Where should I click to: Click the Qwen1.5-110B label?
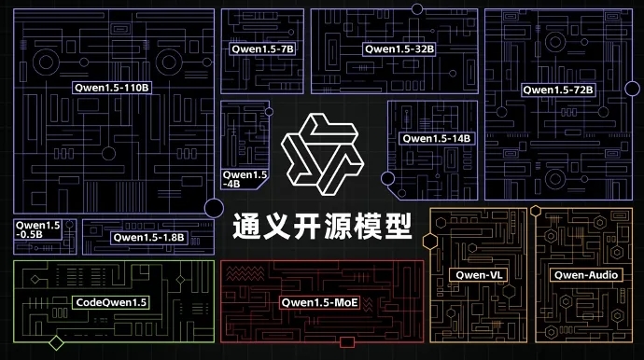tap(111, 87)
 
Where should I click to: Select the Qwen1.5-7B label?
tap(262, 48)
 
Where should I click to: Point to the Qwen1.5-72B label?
tap(558, 90)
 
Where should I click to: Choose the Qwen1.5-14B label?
tap(436, 138)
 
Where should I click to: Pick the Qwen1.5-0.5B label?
tap(37, 229)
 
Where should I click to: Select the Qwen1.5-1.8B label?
tap(149, 237)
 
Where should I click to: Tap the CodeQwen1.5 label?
tap(111, 302)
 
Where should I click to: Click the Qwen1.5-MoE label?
tap(319, 302)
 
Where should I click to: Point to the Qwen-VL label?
tap(476, 275)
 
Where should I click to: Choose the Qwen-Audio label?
tap(584, 275)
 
